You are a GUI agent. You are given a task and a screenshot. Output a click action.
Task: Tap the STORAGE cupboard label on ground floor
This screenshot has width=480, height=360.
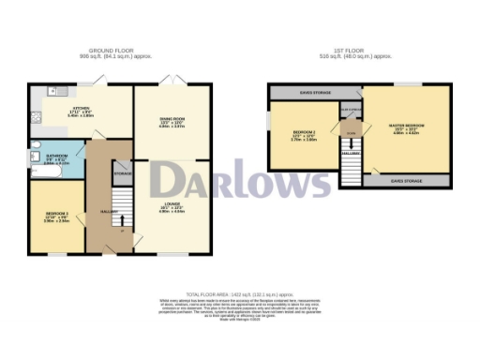tap(122, 175)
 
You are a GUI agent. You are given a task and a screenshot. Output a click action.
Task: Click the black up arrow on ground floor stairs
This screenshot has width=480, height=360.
tap(123, 221)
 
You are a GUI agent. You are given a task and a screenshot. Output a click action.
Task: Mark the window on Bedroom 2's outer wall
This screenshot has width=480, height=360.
tap(268, 123)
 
